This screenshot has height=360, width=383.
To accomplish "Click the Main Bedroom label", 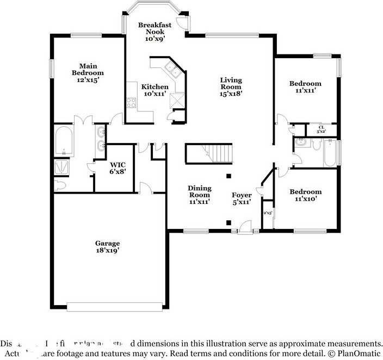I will pyautogui.click(x=88, y=72).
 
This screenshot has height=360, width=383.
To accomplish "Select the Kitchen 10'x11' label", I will pyautogui.click(x=155, y=90).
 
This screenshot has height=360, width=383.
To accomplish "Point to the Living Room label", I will pyautogui.click(x=231, y=86).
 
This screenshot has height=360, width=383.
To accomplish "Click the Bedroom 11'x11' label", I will pyautogui.click(x=305, y=87).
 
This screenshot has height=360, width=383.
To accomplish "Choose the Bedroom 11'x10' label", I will pyautogui.click(x=305, y=195).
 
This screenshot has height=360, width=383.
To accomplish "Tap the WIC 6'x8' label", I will pyautogui.click(x=118, y=168).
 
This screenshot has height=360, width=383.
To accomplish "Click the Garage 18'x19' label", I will pyautogui.click(x=107, y=247).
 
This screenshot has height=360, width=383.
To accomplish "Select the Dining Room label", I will pyautogui.click(x=199, y=195).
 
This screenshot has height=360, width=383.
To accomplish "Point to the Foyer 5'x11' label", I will pyautogui.click(x=242, y=198).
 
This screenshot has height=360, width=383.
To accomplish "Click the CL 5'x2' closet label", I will pyautogui.click(x=322, y=129).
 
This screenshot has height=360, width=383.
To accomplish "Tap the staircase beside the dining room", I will pyautogui.click(x=209, y=153).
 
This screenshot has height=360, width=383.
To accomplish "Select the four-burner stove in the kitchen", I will pyautogui.click(x=131, y=102).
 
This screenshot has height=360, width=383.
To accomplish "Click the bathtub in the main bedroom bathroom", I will pyautogui.click(x=64, y=141).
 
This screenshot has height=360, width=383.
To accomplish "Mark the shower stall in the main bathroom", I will pyautogui.click(x=64, y=166).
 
